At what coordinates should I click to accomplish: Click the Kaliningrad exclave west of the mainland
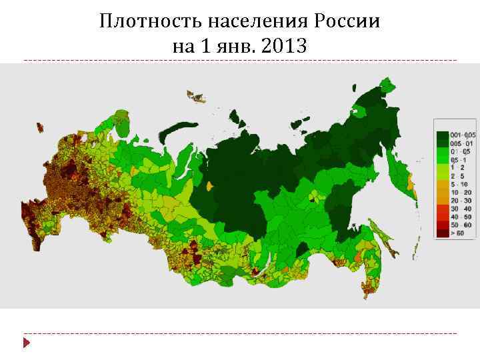[40, 127]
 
